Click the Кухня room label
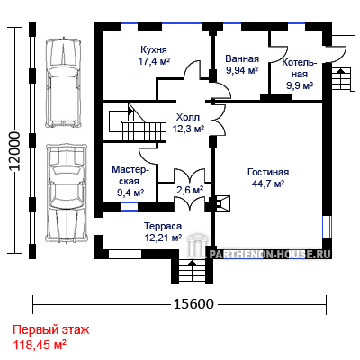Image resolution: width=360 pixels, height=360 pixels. (x=154, y=49)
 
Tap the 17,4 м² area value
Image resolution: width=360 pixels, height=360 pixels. (x=154, y=61)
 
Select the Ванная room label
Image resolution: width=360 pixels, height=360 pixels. (x=242, y=58)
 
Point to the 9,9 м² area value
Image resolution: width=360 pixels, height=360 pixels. (x=300, y=85)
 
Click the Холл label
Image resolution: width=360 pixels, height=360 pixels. (x=188, y=117)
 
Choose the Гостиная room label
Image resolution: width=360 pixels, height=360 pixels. (x=268, y=172)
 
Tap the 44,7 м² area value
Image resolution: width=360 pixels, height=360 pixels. (x=268, y=184)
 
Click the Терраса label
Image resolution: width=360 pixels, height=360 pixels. (x=163, y=226)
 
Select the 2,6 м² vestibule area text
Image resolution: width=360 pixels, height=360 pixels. (x=190, y=190)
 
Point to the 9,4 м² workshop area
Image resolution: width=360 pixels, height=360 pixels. (x=130, y=193)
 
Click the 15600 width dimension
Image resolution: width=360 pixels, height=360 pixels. (x=193, y=304)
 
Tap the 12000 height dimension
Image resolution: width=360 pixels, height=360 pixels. (x=14, y=151)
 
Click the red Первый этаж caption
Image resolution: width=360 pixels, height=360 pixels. (x=51, y=330)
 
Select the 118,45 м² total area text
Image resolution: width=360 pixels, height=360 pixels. (x=40, y=345)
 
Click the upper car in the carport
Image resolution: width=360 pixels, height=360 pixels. (x=63, y=82)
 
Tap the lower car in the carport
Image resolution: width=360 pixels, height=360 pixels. (x=67, y=193)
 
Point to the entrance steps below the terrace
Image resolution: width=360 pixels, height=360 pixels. (x=192, y=271)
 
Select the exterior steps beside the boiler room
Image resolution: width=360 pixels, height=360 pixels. (x=341, y=78)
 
